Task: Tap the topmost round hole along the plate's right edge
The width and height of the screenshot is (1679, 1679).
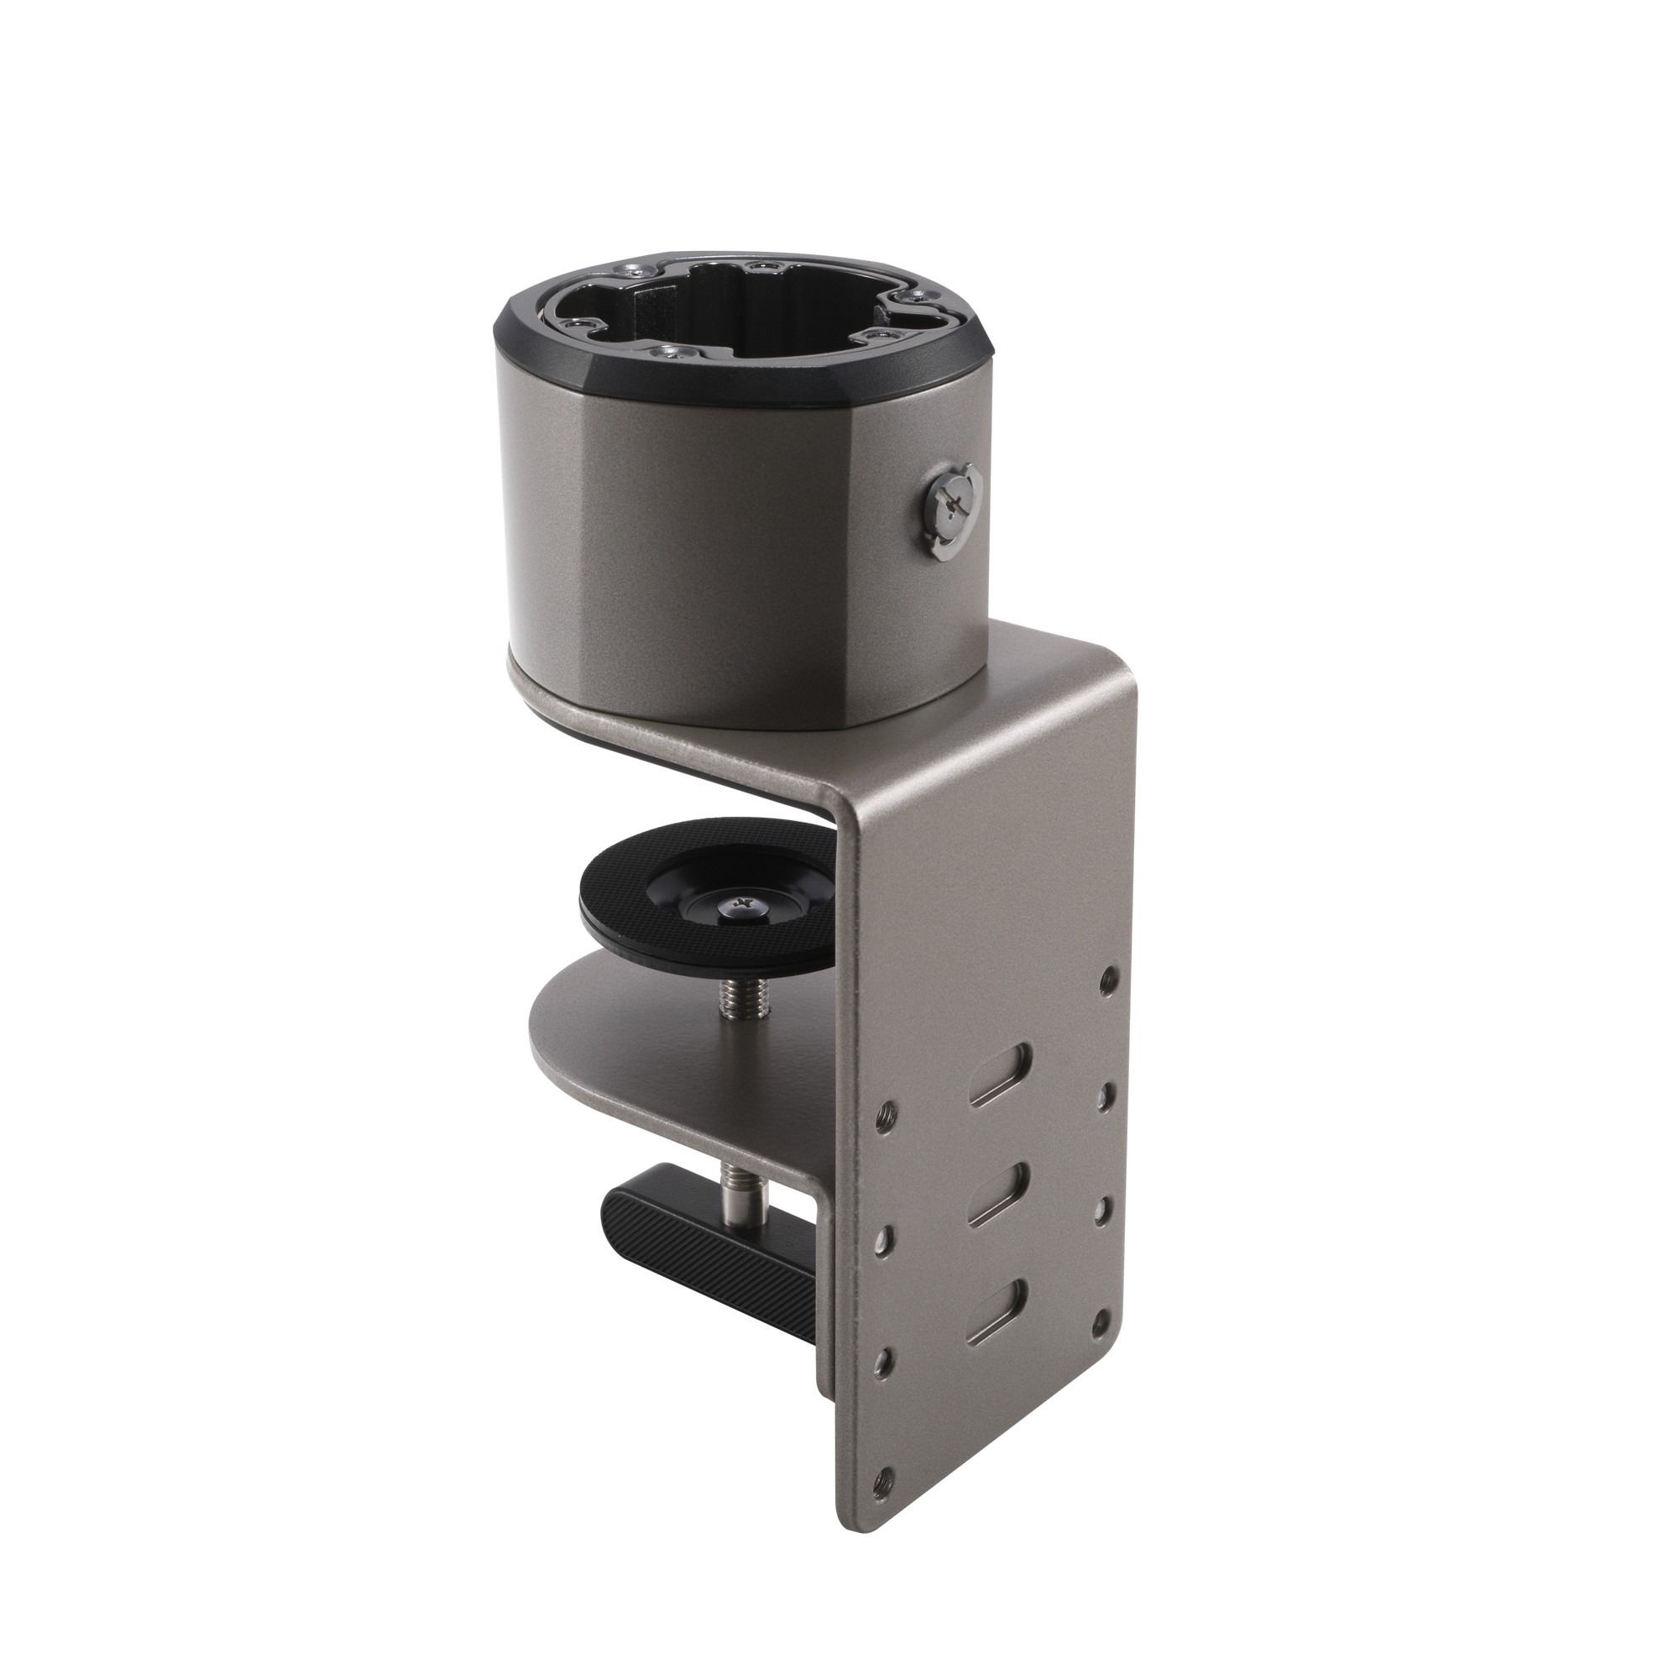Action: pos(1106,981)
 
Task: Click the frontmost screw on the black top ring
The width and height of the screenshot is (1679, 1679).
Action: pos(670,353)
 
